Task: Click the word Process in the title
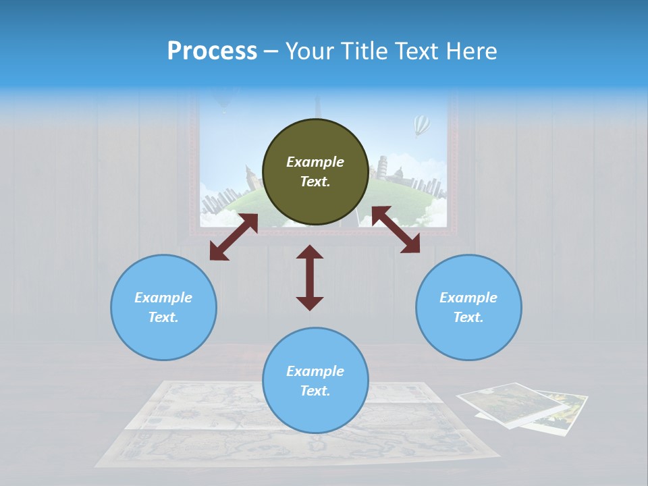212,51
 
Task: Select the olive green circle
315,171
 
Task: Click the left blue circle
163,307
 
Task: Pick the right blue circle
468,307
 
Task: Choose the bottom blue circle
315,380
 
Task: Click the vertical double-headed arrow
310,277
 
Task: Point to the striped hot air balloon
422,125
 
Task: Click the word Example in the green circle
315,162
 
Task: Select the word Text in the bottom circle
315,391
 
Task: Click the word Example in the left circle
163,298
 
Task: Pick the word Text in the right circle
468,317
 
